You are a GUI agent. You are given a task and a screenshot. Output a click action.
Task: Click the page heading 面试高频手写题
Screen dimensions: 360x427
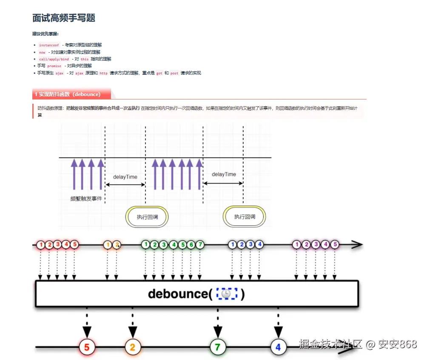click(x=64, y=18)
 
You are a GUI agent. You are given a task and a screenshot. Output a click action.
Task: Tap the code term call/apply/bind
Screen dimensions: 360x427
click(x=54, y=59)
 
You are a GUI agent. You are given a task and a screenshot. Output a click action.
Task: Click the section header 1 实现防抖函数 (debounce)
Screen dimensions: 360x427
click(x=68, y=94)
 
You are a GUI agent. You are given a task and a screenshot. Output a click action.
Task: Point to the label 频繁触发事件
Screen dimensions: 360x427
click(x=86, y=199)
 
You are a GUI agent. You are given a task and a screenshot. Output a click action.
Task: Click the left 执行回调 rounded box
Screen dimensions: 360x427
click(x=148, y=217)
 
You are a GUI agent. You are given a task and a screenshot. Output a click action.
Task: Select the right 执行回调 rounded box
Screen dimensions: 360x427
click(x=245, y=217)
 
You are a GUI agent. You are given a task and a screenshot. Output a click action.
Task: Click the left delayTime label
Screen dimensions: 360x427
click(x=125, y=177)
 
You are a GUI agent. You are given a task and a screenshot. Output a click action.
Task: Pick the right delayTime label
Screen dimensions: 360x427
click(x=224, y=174)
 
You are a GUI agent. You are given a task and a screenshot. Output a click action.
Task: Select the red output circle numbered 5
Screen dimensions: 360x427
click(x=87, y=347)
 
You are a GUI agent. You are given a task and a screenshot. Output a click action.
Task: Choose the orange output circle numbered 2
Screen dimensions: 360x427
click(x=132, y=347)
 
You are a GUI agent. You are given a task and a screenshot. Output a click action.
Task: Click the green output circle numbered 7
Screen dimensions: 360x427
click(x=218, y=347)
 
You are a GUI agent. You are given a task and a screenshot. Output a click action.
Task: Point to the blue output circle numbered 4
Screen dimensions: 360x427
click(x=278, y=347)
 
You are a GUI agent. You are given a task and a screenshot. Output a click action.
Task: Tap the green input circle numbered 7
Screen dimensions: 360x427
click(x=200, y=244)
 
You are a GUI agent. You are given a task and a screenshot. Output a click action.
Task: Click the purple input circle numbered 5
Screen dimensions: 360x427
click(x=335, y=244)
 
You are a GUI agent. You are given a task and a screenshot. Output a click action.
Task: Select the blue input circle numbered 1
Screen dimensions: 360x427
click(x=232, y=244)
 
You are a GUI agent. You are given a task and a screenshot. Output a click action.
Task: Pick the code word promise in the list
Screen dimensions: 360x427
click(x=54, y=66)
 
